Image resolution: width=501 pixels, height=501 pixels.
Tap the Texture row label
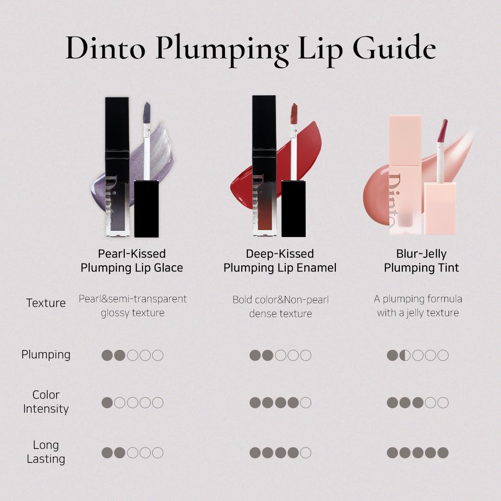click(46, 302)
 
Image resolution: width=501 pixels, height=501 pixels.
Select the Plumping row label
click(46, 355)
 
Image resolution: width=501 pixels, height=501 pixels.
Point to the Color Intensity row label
click(46, 402)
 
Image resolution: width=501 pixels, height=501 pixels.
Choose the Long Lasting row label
click(46, 452)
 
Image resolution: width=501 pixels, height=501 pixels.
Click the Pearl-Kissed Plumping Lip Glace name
click(132, 261)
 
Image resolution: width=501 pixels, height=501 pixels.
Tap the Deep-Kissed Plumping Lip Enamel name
click(280, 261)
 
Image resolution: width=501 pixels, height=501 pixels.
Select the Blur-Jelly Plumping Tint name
click(421, 261)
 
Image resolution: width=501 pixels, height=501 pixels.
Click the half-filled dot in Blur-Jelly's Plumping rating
click(405, 355)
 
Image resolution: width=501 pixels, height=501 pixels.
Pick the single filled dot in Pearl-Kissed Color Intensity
click(107, 403)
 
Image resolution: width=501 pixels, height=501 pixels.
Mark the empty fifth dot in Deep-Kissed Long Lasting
click(306, 453)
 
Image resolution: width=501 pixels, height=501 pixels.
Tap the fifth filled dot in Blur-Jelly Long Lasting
click(443, 453)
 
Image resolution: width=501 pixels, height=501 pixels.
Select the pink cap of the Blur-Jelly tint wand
click(440, 209)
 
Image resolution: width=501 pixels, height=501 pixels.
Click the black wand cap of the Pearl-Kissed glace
click(146, 209)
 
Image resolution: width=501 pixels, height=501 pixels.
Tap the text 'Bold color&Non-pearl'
click(281, 300)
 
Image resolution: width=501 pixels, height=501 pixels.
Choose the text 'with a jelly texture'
click(418, 313)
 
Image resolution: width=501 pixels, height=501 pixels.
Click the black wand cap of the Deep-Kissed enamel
click(294, 209)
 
